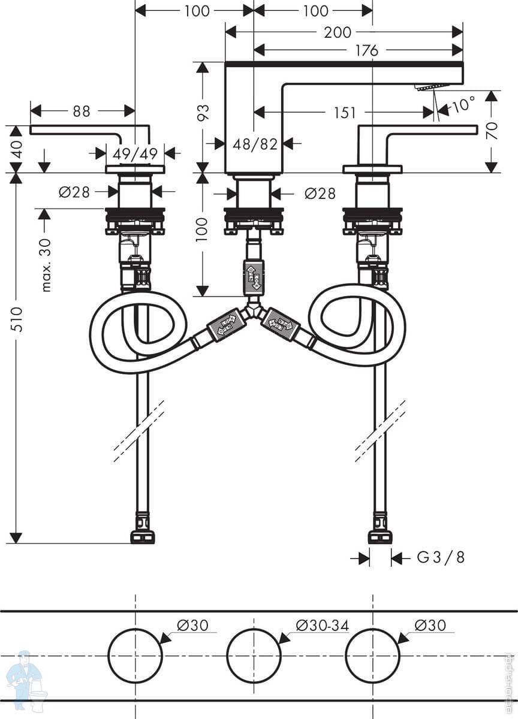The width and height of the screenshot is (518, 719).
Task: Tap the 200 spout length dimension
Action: coord(338,32)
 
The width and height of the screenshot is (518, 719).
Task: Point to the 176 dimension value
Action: coord(366,51)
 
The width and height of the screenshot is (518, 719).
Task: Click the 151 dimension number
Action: coord(345,113)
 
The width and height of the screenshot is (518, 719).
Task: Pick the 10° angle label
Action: coord(463,105)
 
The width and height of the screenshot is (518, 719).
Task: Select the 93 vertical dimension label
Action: coord(203,113)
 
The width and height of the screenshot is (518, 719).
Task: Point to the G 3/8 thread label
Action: coord(441,558)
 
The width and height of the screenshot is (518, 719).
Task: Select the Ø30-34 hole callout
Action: coord(322,626)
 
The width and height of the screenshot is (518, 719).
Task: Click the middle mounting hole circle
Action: coord(254,655)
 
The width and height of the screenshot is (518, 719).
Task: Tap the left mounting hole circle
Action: coord(135,655)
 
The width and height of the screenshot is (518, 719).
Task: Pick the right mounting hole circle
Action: coord(372,655)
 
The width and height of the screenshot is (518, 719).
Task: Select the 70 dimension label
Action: coord(492,131)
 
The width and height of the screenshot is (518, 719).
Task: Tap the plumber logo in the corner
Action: coord(25,680)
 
